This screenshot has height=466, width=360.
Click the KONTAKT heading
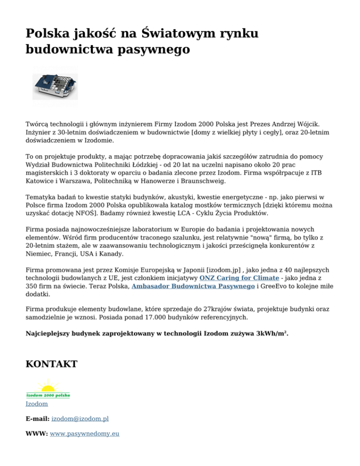click(x=51, y=364)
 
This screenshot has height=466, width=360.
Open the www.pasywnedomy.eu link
click(x=84, y=434)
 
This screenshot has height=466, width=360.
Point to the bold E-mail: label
click(x=37, y=419)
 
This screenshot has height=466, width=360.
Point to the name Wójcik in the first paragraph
click(x=307, y=124)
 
